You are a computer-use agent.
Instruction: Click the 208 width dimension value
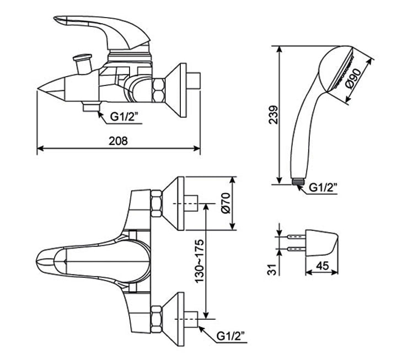(118, 141)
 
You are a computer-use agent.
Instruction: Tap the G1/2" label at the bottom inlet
(232, 335)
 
